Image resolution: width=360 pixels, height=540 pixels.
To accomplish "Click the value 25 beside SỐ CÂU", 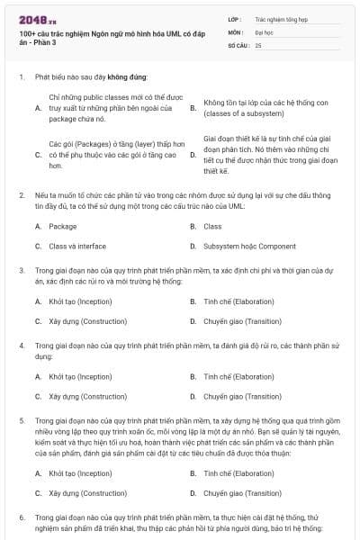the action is pos(258,44).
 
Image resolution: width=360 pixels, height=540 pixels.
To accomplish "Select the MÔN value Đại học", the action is pos(265,31).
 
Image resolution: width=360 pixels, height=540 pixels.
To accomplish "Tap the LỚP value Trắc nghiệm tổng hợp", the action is pos(281,18).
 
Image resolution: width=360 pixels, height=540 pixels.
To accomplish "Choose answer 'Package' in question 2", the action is pos(63,226).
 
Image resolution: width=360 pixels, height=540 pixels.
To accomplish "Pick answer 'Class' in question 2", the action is pos(212,226).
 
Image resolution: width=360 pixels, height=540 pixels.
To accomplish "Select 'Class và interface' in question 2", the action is pos(77,246).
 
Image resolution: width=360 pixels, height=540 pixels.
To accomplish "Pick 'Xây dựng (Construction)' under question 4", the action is pos(87,396).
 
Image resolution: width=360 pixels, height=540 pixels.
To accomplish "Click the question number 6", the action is pos(22,517).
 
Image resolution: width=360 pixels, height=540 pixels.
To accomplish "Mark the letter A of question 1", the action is pos(38,108).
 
